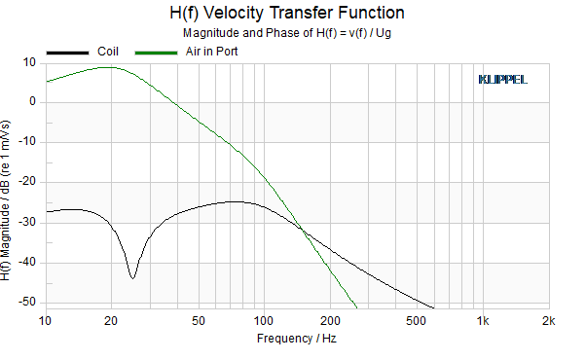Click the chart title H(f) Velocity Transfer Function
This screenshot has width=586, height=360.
(x=286, y=13)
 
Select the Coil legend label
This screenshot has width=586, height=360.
(x=108, y=52)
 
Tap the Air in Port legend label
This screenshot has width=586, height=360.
(x=211, y=52)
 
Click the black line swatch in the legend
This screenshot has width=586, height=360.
(x=67, y=54)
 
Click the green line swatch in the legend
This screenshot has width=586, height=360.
(x=156, y=54)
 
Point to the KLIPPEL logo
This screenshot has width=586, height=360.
(x=502, y=80)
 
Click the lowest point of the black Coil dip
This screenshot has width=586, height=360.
(x=132, y=278)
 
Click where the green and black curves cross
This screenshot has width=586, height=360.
(x=302, y=230)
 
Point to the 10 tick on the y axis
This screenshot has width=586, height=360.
(x=29, y=62)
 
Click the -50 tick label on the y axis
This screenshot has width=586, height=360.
(x=27, y=302)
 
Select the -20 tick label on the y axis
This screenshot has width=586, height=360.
(x=27, y=182)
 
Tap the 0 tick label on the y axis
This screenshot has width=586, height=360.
(x=32, y=101)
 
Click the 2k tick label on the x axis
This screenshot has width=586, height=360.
(x=549, y=321)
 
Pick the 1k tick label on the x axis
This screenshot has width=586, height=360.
(x=483, y=321)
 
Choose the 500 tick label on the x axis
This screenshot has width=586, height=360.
(x=416, y=321)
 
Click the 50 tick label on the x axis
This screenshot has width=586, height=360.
(x=199, y=321)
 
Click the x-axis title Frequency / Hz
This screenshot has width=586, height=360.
(x=297, y=339)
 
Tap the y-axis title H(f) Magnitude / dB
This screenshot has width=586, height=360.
(x=5, y=200)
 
